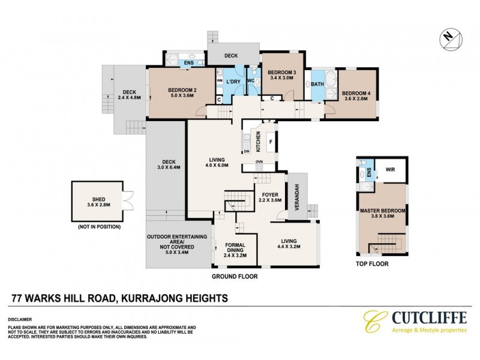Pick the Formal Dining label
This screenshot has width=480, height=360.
(235, 249)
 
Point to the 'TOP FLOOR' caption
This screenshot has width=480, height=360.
(371, 263)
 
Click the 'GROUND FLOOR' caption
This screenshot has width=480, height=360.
(235, 277)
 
